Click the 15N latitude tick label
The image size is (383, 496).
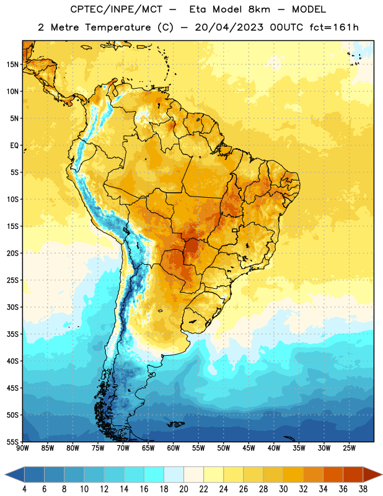12,64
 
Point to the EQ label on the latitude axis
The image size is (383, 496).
14,146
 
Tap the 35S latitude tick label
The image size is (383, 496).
12,334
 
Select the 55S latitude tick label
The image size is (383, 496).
12,441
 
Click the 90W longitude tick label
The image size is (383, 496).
22,448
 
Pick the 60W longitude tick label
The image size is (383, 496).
174,448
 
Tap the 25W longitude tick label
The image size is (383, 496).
349,448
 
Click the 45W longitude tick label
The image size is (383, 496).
249,448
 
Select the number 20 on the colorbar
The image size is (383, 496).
183,489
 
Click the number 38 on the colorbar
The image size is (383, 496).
363,489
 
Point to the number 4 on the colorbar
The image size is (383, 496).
24,489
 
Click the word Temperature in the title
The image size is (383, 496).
118,27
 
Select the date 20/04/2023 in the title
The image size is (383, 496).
229,27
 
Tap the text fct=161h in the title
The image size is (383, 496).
334,27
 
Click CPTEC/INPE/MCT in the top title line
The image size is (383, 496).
117,9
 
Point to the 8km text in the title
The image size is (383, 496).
259,9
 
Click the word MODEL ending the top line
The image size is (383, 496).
309,9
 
